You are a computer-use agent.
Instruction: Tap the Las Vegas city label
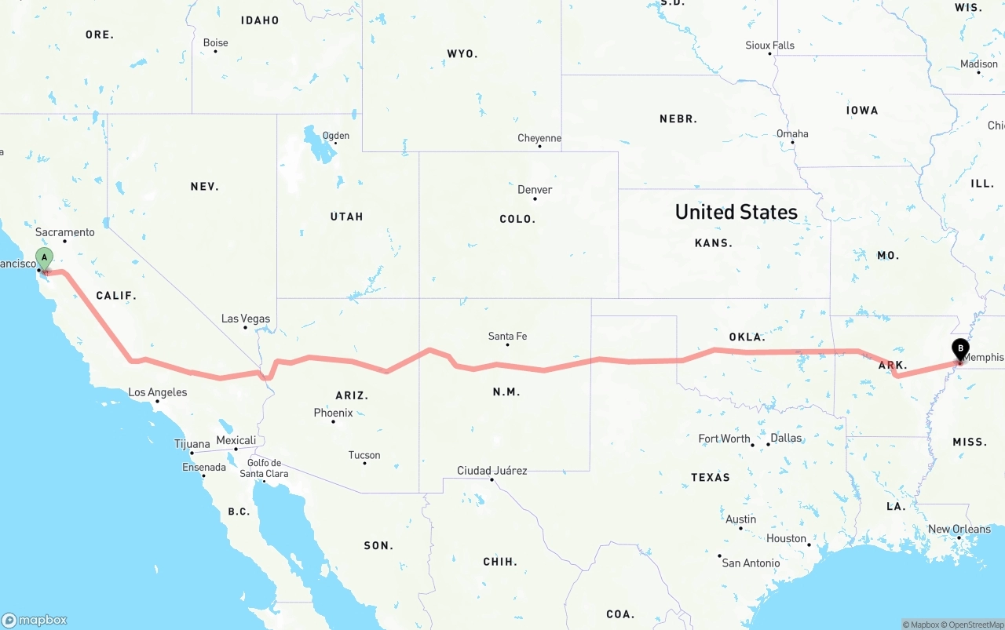point(246,319)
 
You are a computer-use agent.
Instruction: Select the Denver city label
point(535,190)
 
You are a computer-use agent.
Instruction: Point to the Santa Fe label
point(507,337)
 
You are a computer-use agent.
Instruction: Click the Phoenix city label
point(333,413)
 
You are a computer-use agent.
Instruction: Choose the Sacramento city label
point(65,232)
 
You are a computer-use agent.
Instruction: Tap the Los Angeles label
point(157,392)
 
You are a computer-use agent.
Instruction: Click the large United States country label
point(736,212)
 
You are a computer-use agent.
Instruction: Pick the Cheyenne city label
point(539,139)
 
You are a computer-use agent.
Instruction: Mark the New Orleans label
point(959,530)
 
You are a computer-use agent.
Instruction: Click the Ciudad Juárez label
point(492,471)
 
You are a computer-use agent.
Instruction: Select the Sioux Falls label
point(769,46)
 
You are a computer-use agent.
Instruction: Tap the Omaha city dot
point(792,144)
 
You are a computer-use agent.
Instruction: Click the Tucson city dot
point(364,463)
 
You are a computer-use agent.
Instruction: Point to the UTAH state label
point(346,217)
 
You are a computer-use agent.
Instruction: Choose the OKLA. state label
point(747,337)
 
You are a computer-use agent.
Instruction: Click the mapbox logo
point(35,620)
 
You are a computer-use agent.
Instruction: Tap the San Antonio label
point(751,563)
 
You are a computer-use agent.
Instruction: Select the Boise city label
point(215,43)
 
